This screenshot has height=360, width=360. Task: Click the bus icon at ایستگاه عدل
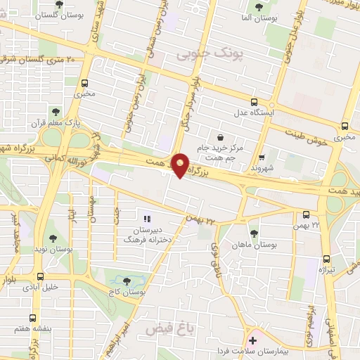click(254, 101)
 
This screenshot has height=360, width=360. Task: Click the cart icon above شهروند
click(262, 157)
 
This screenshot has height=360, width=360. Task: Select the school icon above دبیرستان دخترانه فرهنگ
click(148, 219)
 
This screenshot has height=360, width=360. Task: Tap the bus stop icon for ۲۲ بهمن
click(306, 215)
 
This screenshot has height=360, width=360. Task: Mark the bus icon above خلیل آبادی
click(39, 276)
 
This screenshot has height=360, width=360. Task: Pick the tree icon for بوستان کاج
click(127, 281)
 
